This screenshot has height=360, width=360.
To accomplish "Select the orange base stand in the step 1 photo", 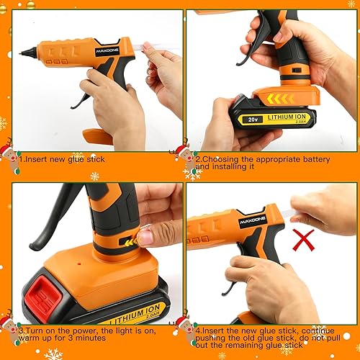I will coord(96,135).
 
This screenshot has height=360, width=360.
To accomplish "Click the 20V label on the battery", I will coord(252,120).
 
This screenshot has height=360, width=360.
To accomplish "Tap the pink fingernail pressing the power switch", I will coord(145,236).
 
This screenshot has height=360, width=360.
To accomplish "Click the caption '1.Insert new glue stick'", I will coord(62,159).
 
